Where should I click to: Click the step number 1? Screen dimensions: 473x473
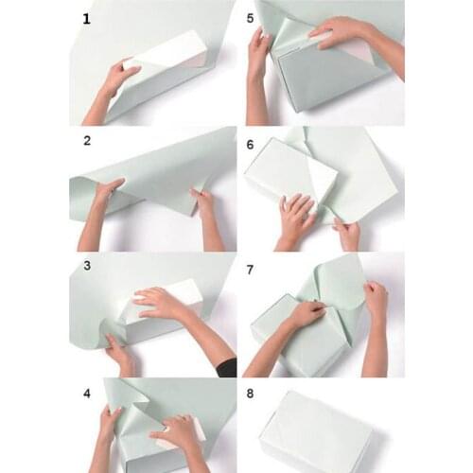(x=87, y=18)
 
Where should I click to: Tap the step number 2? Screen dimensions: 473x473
(x=87, y=142)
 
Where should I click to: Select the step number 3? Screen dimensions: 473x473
(x=87, y=267)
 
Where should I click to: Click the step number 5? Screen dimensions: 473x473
(x=251, y=18)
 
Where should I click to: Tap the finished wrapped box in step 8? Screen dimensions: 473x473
(x=317, y=430)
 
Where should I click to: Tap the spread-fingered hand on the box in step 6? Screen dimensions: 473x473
(x=295, y=216)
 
